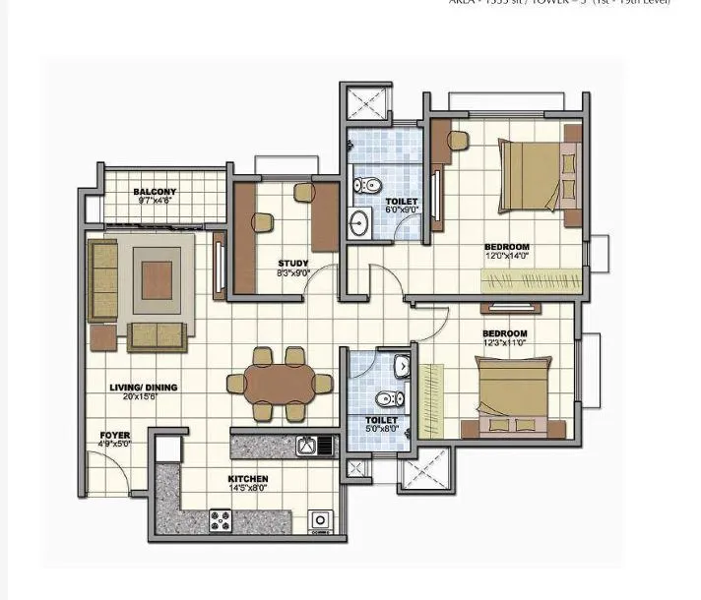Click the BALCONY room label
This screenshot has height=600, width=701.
[x=155, y=191]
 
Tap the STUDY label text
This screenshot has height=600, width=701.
[x=293, y=263]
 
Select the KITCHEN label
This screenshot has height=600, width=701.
[x=247, y=479]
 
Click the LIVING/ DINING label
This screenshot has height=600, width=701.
[x=144, y=388]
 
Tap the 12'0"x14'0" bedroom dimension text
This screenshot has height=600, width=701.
[x=507, y=256]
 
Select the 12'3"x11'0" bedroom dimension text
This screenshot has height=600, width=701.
[x=505, y=342]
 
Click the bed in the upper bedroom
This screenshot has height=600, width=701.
[x=538, y=173]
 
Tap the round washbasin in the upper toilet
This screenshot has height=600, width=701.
[x=358, y=221]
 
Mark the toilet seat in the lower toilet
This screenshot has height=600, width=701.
[x=389, y=399]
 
